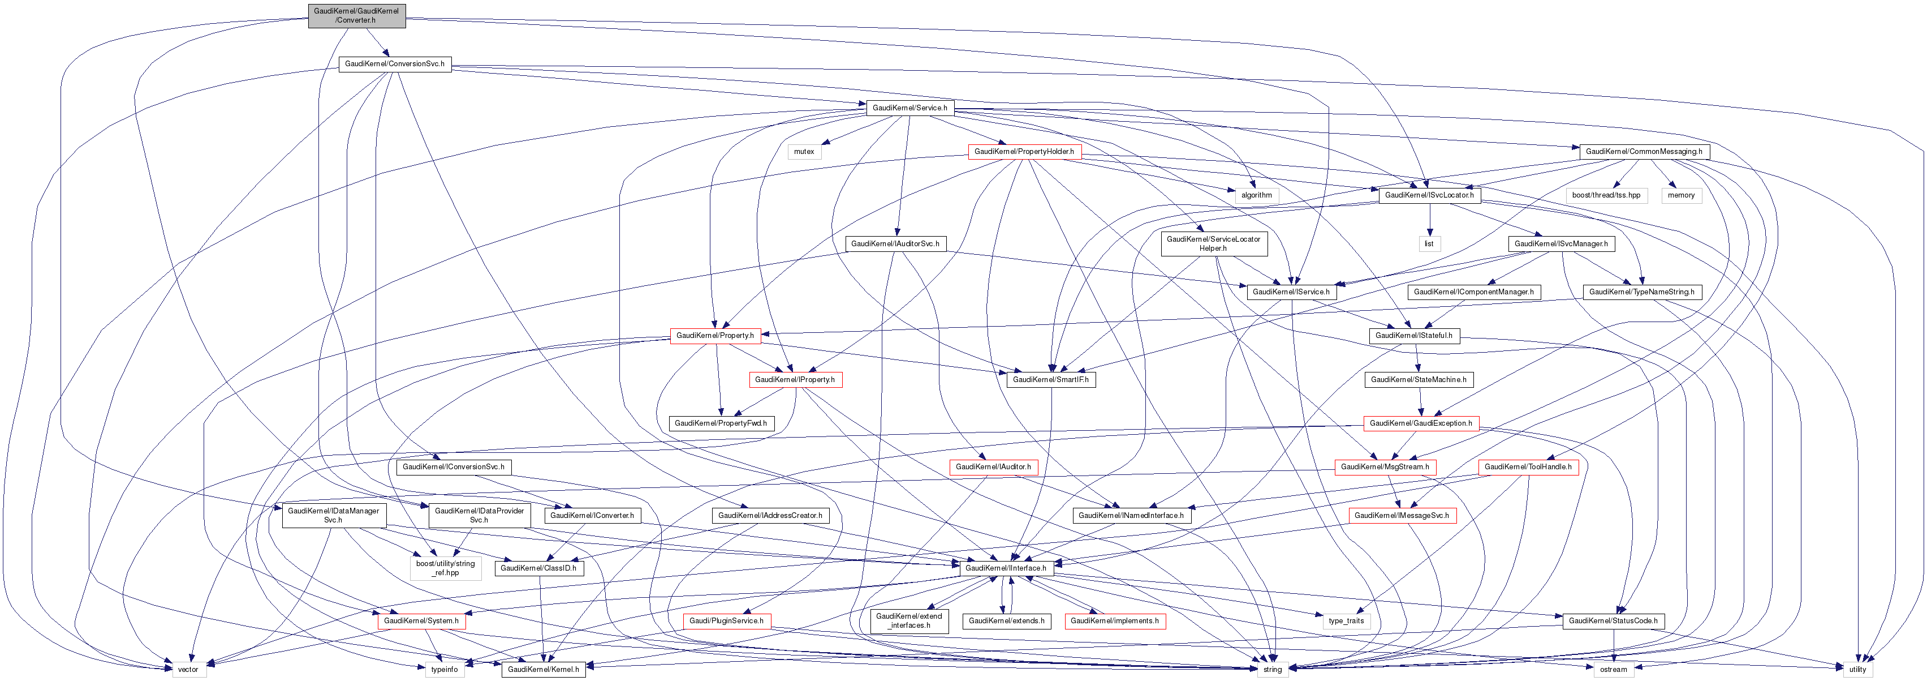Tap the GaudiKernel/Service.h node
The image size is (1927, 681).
point(909,108)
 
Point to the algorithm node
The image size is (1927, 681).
point(1256,195)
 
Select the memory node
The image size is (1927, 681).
point(1680,195)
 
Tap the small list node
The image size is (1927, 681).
point(1428,244)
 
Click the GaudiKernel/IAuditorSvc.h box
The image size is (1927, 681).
point(895,244)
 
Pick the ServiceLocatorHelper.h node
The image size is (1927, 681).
point(1213,244)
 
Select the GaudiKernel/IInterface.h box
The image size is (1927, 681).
point(1006,568)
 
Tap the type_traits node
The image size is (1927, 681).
point(1345,621)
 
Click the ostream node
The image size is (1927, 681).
point(1613,670)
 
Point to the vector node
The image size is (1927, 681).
point(188,670)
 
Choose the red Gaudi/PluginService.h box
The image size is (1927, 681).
point(726,621)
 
